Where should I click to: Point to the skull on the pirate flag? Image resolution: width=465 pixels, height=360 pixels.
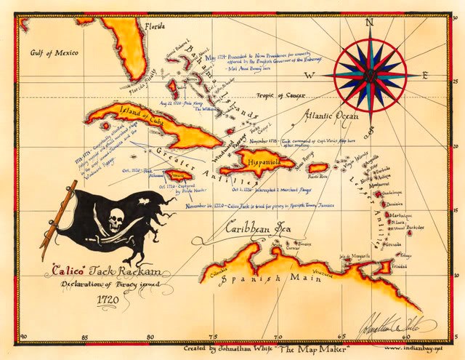coord(116,219)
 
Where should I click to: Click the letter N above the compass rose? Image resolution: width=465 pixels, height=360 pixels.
coord(370,22)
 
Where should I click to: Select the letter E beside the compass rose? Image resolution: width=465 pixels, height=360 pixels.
coord(426,74)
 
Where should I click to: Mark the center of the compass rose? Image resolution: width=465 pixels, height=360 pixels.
coord(371,74)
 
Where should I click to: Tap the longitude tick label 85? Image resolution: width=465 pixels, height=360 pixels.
coord(86,336)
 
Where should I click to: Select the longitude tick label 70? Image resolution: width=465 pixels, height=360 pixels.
coord(276,336)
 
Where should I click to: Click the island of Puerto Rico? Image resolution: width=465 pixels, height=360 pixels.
coord(318,167)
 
